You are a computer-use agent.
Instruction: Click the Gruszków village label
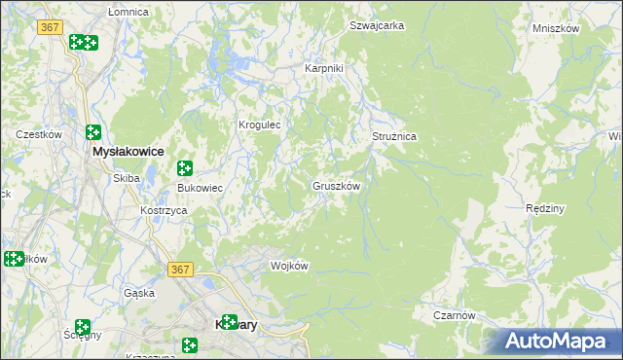click(x=337, y=185)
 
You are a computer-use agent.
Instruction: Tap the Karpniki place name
click(x=324, y=69)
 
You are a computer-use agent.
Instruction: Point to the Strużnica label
click(x=394, y=137)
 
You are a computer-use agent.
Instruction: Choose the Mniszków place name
click(x=556, y=28)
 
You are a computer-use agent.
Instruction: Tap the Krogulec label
click(x=260, y=125)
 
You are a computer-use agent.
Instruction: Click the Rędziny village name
click(x=545, y=208)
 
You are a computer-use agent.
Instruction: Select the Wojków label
click(x=289, y=266)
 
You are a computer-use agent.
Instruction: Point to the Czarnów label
click(x=455, y=315)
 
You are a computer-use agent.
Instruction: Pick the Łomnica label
click(x=128, y=12)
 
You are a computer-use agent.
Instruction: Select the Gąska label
click(x=140, y=292)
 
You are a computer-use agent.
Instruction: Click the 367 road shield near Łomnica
click(x=51, y=27)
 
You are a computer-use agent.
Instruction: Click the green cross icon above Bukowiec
click(x=184, y=168)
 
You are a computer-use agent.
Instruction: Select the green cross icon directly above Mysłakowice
click(x=93, y=132)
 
